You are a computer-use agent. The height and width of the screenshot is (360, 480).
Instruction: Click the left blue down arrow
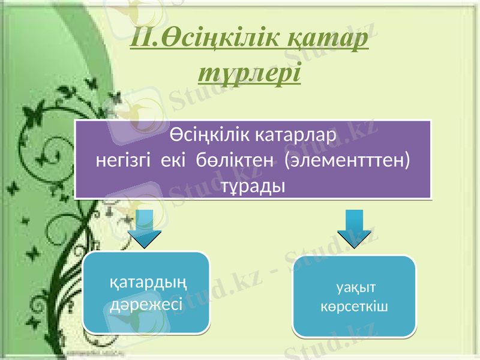(146, 229)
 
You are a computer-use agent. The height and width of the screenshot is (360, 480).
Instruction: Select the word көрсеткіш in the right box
(354, 307)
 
